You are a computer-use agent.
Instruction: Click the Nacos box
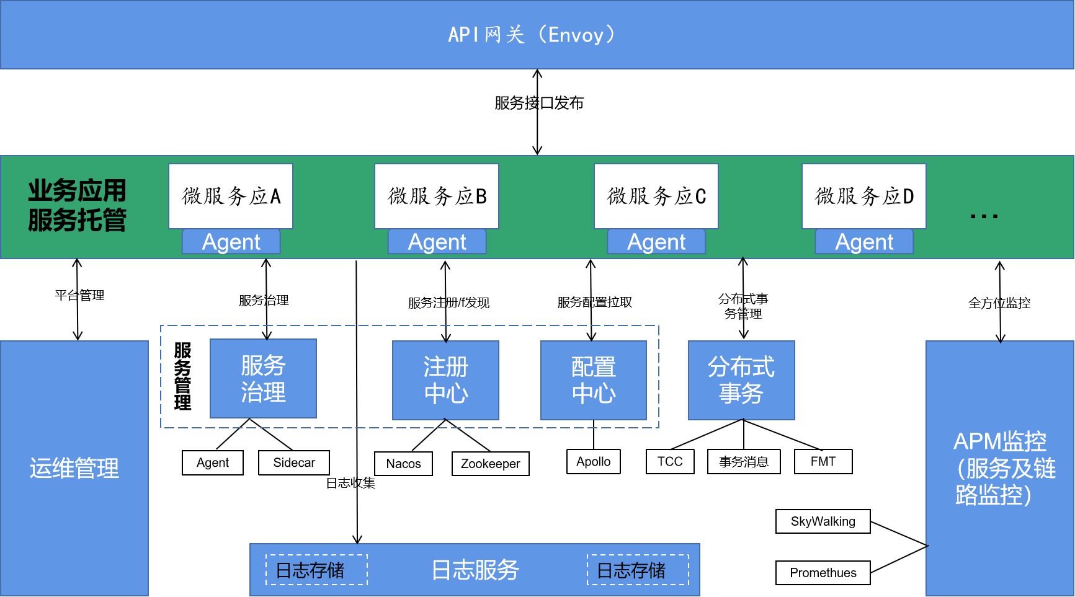click(x=403, y=464)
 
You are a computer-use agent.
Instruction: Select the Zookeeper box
click(x=490, y=464)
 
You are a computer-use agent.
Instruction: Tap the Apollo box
click(x=593, y=462)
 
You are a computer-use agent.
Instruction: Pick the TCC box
click(x=670, y=462)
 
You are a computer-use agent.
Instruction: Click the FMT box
click(x=823, y=462)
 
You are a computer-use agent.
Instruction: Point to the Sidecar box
click(x=294, y=463)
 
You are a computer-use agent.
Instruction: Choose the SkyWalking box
click(x=823, y=521)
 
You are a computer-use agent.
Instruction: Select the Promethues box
click(x=823, y=573)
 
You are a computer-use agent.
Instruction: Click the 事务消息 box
click(x=744, y=462)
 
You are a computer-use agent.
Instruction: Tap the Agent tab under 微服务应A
click(x=231, y=242)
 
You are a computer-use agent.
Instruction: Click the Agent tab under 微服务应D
click(x=864, y=242)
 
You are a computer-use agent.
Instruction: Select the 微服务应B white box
click(x=437, y=196)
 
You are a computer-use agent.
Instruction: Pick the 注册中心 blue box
click(x=445, y=380)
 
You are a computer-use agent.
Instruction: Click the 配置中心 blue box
click(x=594, y=380)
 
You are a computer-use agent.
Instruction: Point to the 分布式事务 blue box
click(x=741, y=380)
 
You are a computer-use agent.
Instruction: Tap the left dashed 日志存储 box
click(x=316, y=570)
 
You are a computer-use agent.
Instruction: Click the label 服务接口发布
click(x=539, y=103)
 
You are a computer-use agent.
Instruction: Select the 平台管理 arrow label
click(x=79, y=295)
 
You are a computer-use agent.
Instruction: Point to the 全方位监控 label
click(x=999, y=303)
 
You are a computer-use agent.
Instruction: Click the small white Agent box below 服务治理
click(x=213, y=463)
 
